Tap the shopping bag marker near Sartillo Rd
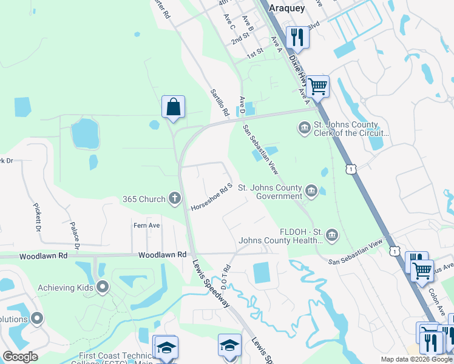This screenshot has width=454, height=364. pyautogui.click(x=173, y=107)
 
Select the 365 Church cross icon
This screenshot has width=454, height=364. pyautogui.click(x=175, y=198)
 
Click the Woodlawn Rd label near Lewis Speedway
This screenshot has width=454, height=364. pyautogui.click(x=162, y=255)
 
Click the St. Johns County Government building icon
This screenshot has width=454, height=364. pyautogui.click(x=311, y=192)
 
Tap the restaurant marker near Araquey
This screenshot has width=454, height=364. pyautogui.click(x=297, y=37)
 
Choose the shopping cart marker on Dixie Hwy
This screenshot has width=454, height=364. pyautogui.click(x=317, y=86)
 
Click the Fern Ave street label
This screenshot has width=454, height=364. pyautogui.click(x=146, y=225)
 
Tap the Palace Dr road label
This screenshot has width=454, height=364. pyautogui.click(x=75, y=234)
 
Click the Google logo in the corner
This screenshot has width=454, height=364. pyautogui.click(x=19, y=357)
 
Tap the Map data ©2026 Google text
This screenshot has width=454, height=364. pyautogui.click(x=416, y=359)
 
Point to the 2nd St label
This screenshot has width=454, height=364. pyautogui.click(x=240, y=38)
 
